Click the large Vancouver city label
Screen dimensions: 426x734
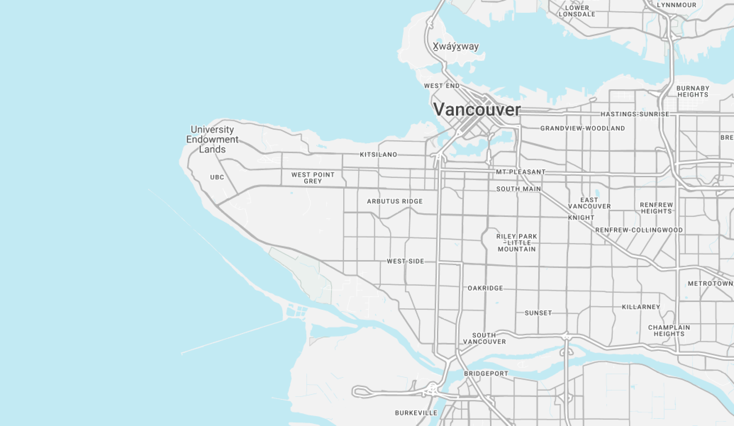(477, 110)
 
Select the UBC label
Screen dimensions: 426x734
(217, 177)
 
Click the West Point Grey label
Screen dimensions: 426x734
(313, 178)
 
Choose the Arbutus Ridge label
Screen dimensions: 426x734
(395, 201)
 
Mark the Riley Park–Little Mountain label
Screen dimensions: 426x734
(517, 243)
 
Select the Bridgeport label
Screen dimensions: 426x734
(486, 373)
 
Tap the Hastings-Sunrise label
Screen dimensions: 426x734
(635, 114)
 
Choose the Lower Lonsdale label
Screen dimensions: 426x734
(577, 11)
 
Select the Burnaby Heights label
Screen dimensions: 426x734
(693, 91)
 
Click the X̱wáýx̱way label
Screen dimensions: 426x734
(455, 47)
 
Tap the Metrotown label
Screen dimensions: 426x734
(710, 283)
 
